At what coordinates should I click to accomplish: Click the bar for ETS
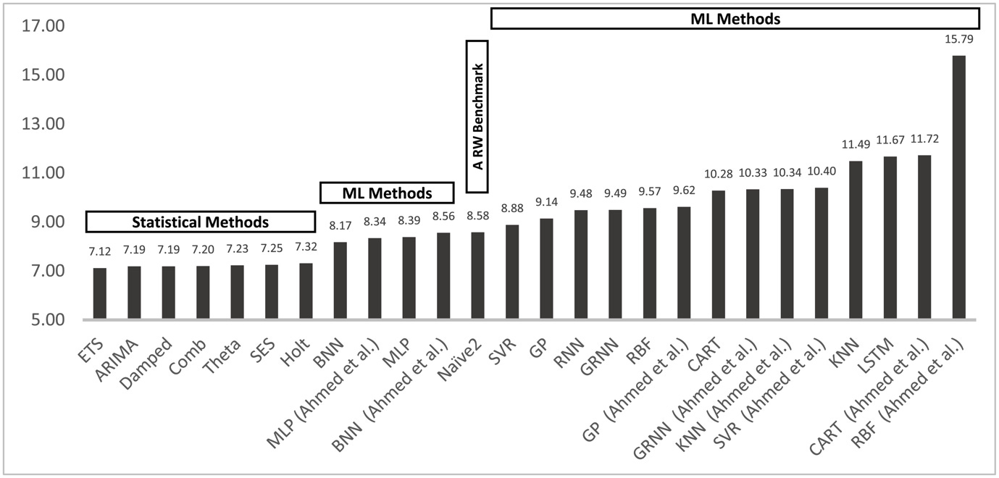point(100,294)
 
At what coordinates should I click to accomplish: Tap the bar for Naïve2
point(478,276)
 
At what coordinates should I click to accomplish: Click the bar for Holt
point(306,291)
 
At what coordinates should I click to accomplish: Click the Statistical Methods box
point(200,222)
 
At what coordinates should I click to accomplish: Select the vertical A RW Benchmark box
point(477,116)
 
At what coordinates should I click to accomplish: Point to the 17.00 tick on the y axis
point(44,26)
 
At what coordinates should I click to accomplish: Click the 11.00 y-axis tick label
point(44,173)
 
